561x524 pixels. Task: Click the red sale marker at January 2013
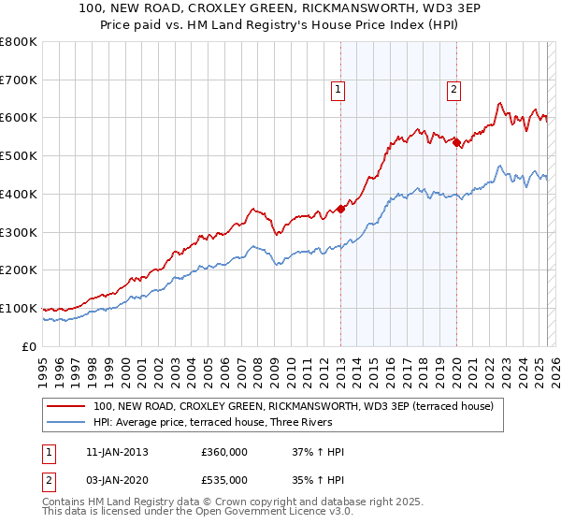pos(340,209)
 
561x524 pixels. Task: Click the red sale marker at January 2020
pos(456,142)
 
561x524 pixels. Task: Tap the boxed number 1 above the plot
pos(337,90)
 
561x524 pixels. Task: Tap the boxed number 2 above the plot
pos(453,90)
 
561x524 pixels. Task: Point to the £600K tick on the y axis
pos(19,118)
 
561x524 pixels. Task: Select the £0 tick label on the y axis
pos(30,346)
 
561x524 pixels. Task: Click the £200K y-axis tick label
pos(19,270)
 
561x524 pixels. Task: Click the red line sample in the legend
pos(66,406)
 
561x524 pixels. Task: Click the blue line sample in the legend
pos(66,422)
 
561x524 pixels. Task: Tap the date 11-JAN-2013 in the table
pos(116,453)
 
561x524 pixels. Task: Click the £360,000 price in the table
pos(224,453)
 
